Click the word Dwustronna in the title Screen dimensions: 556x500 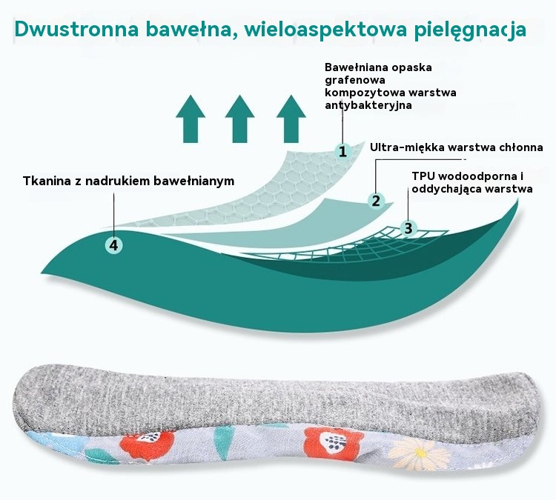(x=76, y=30)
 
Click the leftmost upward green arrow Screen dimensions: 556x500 (x=191, y=119)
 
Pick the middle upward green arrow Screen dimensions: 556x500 (x=239, y=119)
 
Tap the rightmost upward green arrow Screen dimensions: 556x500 (x=291, y=119)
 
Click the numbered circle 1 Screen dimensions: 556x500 (x=342, y=152)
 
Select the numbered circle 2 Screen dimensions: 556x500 (x=376, y=201)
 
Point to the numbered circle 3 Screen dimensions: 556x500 (x=408, y=228)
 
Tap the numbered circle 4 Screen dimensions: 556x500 (x=114, y=245)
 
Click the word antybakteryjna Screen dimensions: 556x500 (x=368, y=105)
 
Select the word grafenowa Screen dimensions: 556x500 (x=355, y=80)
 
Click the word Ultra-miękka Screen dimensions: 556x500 (x=407, y=147)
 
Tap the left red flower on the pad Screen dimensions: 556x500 (x=148, y=444)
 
